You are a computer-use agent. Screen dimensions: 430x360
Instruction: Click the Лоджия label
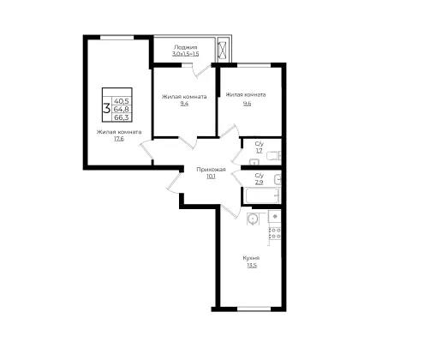point(185,47)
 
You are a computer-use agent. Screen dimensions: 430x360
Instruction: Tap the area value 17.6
point(119,139)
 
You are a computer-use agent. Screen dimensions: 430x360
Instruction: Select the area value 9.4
point(184,104)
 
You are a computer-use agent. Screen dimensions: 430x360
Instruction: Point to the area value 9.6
point(247,104)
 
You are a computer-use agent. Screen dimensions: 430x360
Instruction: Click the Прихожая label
point(211,170)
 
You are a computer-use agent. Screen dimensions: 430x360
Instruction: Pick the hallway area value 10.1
point(211,177)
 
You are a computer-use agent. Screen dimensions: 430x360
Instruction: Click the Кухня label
point(251,258)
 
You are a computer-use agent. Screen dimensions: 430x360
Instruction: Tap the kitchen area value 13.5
point(252,265)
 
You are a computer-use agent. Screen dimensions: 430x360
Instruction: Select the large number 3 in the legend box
point(107,109)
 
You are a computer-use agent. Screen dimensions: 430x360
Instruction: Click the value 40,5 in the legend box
point(122,101)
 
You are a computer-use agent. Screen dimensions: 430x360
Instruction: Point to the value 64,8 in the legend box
point(122,109)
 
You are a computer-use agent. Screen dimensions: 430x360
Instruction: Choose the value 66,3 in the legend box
point(122,117)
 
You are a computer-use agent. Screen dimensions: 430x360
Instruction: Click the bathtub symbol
point(261,195)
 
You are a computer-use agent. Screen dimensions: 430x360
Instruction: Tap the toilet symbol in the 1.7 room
point(273,156)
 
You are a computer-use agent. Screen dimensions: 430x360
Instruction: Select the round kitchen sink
point(253,219)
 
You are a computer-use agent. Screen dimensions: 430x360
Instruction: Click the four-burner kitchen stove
point(275,232)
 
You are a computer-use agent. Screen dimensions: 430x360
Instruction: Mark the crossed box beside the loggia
point(222,50)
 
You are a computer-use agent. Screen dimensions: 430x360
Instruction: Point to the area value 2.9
point(260,182)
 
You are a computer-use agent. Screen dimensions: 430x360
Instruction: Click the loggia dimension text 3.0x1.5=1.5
point(185,54)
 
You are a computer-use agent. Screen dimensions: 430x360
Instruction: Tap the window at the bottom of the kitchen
point(254,309)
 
